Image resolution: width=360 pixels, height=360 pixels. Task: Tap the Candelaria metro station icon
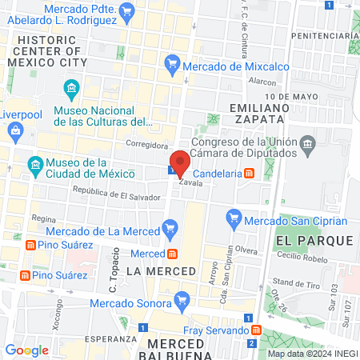coord(250,172)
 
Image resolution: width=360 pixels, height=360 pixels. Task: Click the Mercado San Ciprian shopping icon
coord(234,217)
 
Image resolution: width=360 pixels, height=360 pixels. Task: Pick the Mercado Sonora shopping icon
coord(182,301)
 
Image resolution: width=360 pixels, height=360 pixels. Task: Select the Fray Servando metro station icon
coord(254,329)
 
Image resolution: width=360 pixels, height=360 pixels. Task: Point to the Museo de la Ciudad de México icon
coord(35,166)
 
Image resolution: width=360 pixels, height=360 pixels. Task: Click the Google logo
coord(26,350)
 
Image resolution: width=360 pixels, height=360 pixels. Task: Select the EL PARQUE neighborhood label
coord(313,240)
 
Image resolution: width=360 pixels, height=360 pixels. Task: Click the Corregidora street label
coord(146,145)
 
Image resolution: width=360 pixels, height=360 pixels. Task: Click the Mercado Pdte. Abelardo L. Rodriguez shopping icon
coord(126,10)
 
